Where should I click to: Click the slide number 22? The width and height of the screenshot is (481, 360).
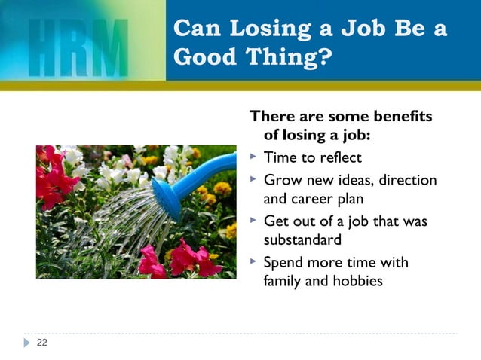(x=41, y=343)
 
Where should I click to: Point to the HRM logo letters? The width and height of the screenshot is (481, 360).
(x=80, y=47)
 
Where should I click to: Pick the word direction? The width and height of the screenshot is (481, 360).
(x=408, y=180)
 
